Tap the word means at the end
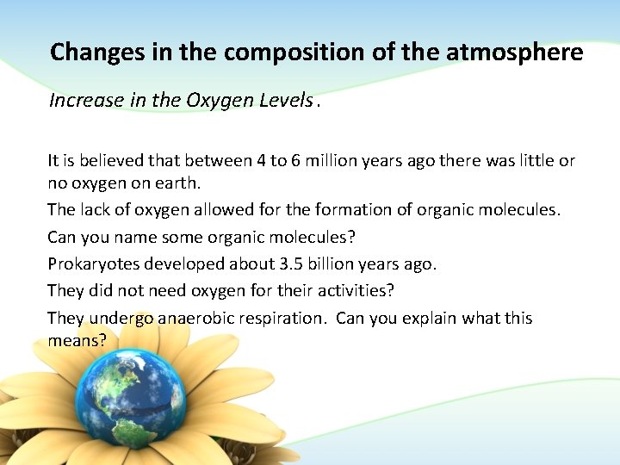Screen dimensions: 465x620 [x=76, y=341]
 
